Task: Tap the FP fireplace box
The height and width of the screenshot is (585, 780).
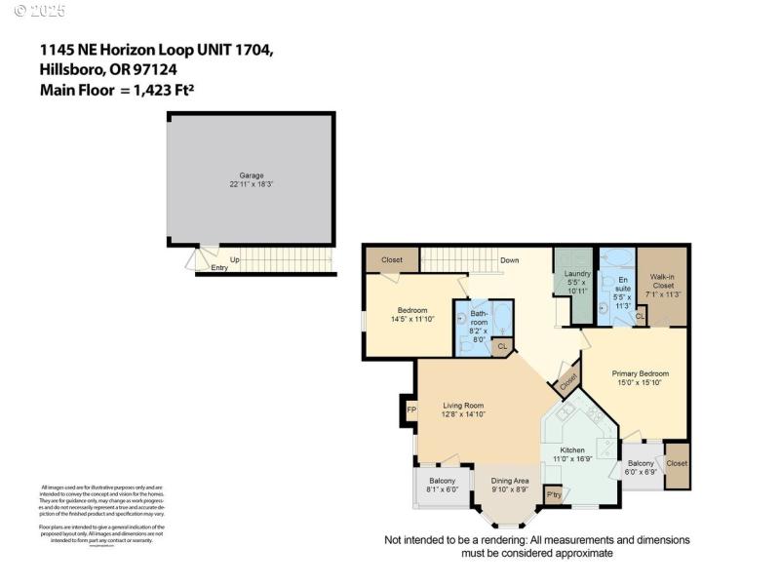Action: (x=410, y=410)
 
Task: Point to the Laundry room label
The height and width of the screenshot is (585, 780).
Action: (x=577, y=274)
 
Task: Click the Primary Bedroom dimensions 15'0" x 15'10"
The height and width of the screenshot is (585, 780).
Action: (x=640, y=383)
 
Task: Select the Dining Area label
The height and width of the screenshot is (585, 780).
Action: (x=509, y=481)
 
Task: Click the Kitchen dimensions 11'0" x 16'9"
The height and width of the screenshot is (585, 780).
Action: (x=571, y=458)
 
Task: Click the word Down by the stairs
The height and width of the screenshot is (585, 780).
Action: (x=509, y=260)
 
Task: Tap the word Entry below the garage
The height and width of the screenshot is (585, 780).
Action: (x=219, y=268)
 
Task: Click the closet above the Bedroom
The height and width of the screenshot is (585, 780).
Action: (x=392, y=260)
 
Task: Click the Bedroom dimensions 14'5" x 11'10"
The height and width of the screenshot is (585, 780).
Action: (x=410, y=319)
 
